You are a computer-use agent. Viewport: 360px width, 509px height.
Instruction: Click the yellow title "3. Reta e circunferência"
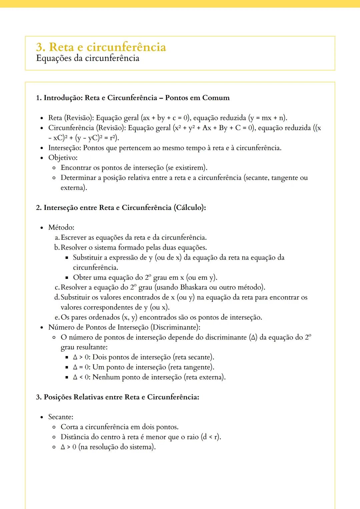[101, 47]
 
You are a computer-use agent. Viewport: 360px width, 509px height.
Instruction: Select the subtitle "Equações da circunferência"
[87, 58]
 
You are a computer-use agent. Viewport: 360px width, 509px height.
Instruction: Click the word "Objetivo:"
[63, 158]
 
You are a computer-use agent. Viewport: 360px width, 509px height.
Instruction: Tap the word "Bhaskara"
[193, 287]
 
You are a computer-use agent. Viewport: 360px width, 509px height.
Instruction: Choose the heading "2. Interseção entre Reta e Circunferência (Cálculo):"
[121, 208]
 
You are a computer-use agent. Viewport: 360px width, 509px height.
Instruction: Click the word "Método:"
[61, 228]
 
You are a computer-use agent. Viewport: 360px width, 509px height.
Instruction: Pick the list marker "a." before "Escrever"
[57, 238]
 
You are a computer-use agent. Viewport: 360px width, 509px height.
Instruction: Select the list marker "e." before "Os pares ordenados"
[57, 317]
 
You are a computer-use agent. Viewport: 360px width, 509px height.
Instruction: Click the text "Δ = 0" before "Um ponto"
[81, 367]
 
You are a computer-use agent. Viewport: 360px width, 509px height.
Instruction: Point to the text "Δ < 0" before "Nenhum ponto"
[81, 377]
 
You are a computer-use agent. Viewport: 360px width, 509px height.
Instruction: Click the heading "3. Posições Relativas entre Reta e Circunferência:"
[117, 397]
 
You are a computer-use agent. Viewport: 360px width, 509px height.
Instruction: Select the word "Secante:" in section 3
[61, 417]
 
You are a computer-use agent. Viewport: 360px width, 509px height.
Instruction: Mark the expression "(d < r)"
[211, 437]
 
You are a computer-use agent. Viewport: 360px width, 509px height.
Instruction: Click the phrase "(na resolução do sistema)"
[117, 447]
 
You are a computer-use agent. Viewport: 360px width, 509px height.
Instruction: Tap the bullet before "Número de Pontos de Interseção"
[42, 328]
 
